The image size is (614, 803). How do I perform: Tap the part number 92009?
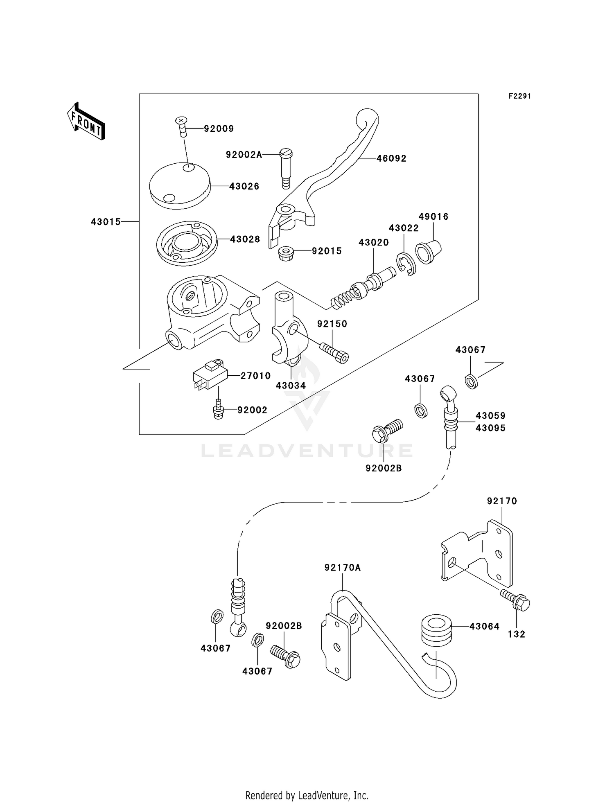(x=219, y=129)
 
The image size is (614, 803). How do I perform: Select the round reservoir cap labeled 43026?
(x=180, y=185)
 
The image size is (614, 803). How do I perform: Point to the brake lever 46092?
(x=327, y=172)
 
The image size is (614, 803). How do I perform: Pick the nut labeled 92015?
(x=286, y=253)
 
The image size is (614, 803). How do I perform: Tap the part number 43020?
(x=373, y=242)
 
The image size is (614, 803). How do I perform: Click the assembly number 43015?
(x=106, y=222)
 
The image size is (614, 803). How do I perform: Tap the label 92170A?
(x=343, y=568)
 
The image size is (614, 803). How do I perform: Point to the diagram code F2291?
(x=519, y=96)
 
